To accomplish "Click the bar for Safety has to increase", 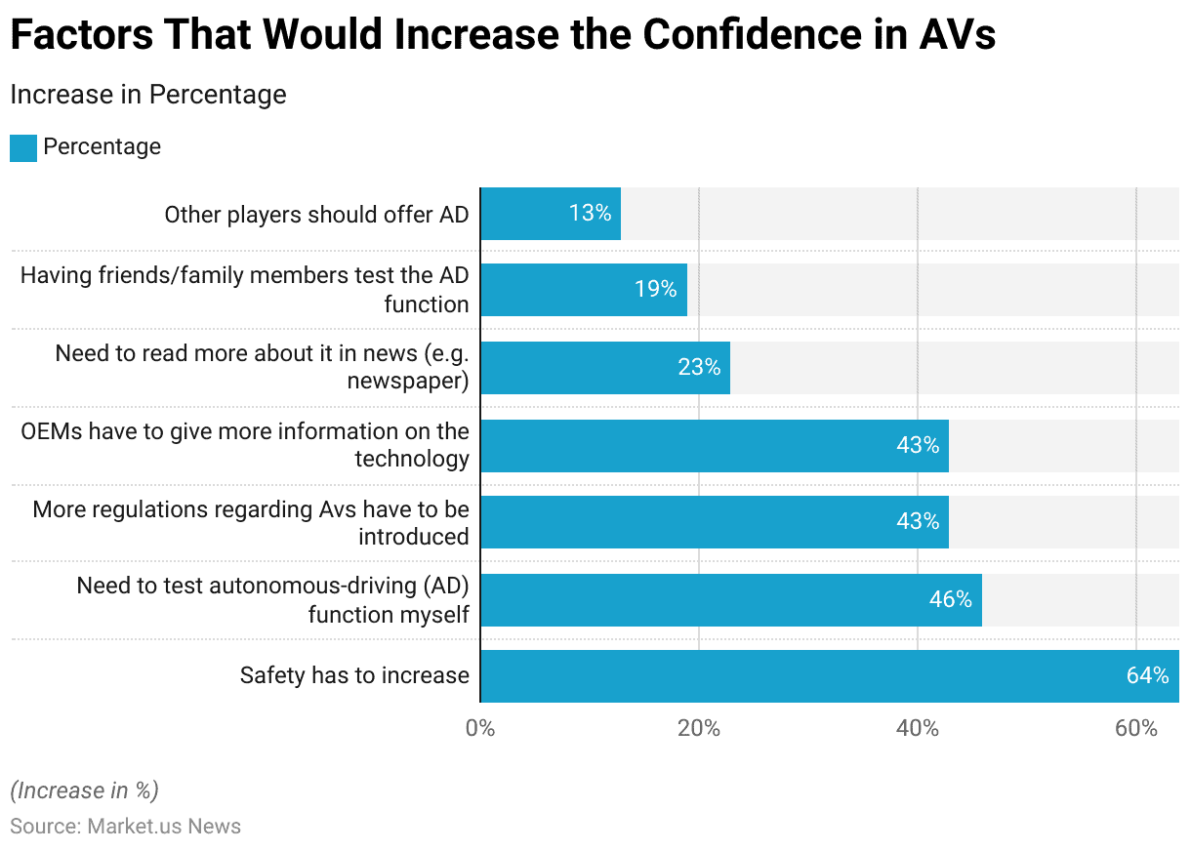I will (x=830, y=676).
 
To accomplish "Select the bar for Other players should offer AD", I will (x=551, y=214).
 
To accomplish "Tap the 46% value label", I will (x=950, y=599).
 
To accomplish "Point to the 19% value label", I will (x=655, y=289).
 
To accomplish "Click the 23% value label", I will (x=699, y=367).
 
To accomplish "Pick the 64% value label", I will (x=1147, y=675).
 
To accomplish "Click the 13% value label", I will (x=590, y=213).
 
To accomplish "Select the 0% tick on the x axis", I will (x=480, y=728).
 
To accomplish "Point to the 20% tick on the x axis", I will (x=699, y=728).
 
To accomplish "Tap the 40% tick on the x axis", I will (x=918, y=728).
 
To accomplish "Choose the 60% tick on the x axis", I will (x=1136, y=728).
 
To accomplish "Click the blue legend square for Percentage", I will (x=23, y=147).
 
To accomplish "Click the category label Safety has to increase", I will (x=354, y=675).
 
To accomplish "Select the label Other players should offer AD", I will (x=316, y=214).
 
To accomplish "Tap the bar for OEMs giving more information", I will (x=715, y=446).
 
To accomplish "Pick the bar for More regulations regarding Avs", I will (x=715, y=522).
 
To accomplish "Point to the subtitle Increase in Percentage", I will (x=147, y=95).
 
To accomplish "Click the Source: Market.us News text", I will (x=125, y=827).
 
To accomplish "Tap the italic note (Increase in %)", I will (x=84, y=790).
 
